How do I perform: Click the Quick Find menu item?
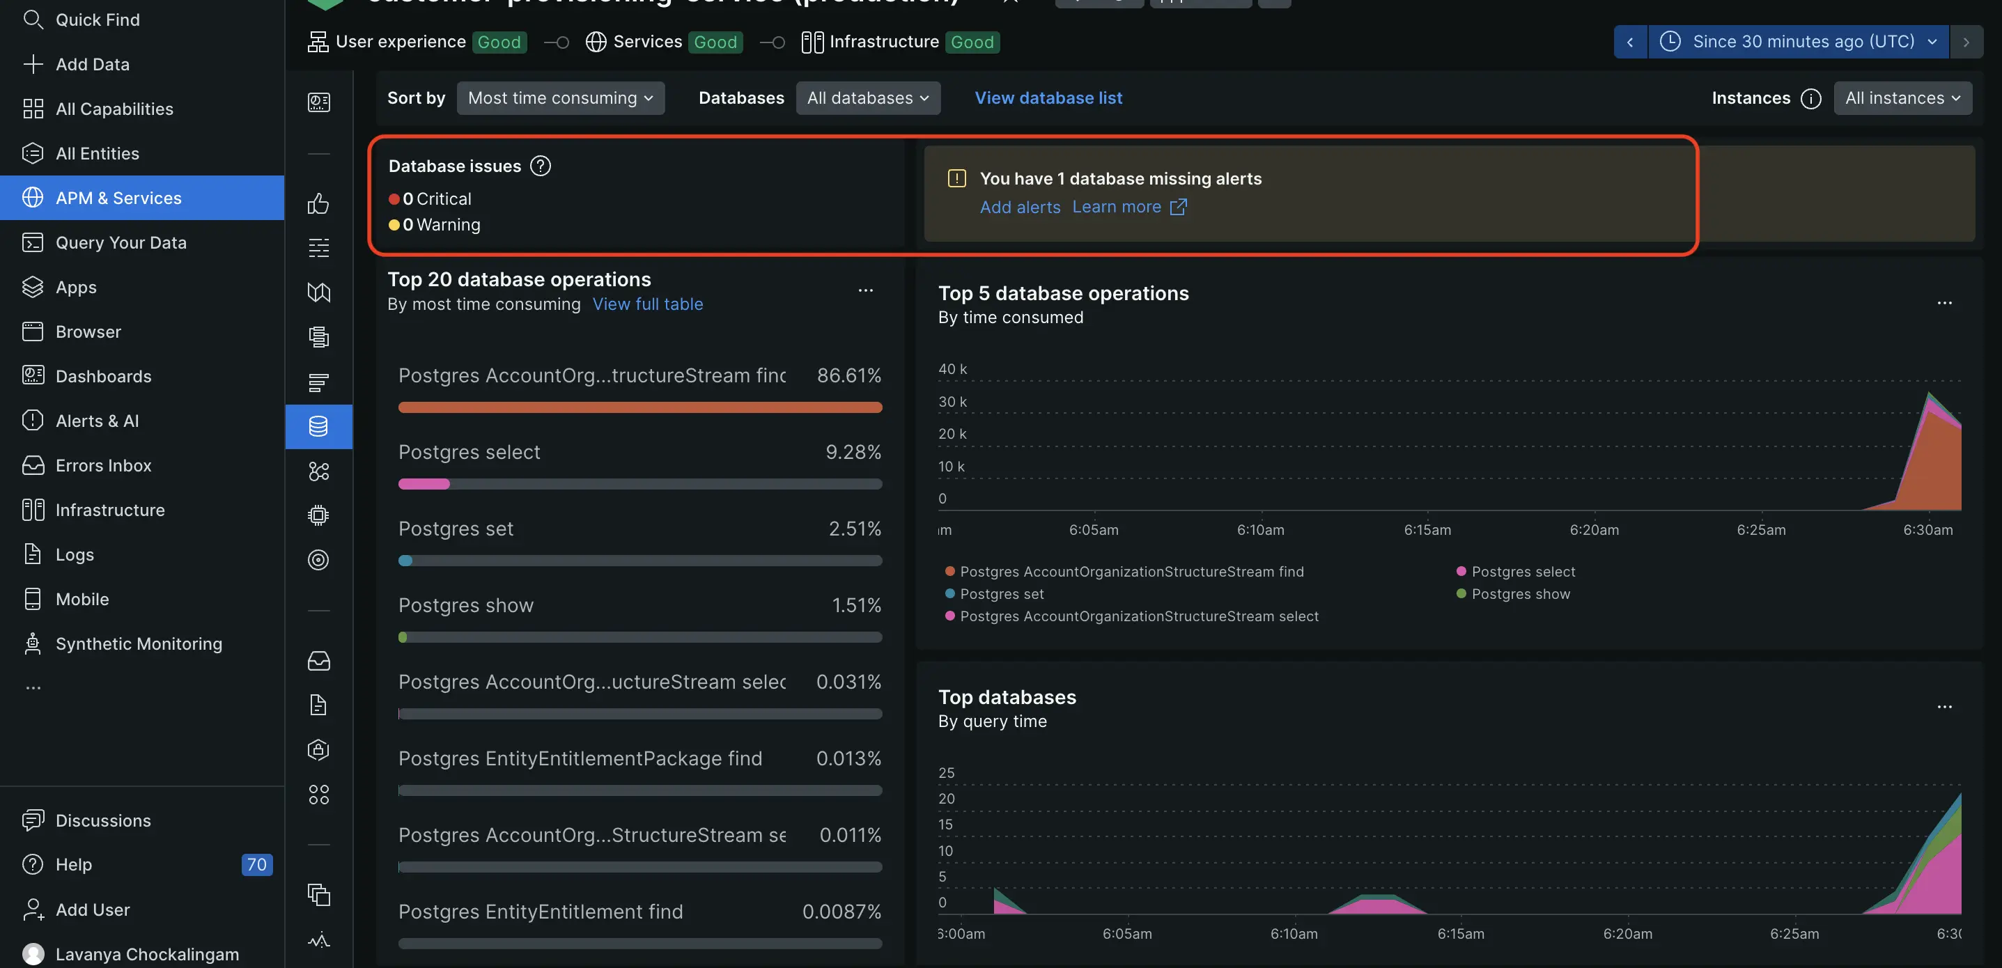(x=97, y=19)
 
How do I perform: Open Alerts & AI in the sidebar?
(x=97, y=421)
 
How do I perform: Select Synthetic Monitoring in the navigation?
(x=139, y=644)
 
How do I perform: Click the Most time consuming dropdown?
(x=560, y=98)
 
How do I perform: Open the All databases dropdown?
(x=867, y=98)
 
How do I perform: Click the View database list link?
(x=1048, y=98)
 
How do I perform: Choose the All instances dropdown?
(x=1902, y=98)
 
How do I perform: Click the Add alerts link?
(x=1020, y=208)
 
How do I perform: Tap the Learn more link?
(x=1116, y=208)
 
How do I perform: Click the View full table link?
(x=647, y=304)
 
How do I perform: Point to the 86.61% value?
(x=848, y=376)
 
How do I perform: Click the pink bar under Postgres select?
(x=424, y=484)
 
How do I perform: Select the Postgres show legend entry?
(x=1519, y=594)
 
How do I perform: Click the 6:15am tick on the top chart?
(x=1427, y=530)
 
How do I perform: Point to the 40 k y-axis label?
(x=952, y=369)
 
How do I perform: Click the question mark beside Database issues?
(x=540, y=166)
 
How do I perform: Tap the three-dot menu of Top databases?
(x=1943, y=707)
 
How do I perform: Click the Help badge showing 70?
(x=256, y=865)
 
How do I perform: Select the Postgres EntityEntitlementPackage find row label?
(x=580, y=759)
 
